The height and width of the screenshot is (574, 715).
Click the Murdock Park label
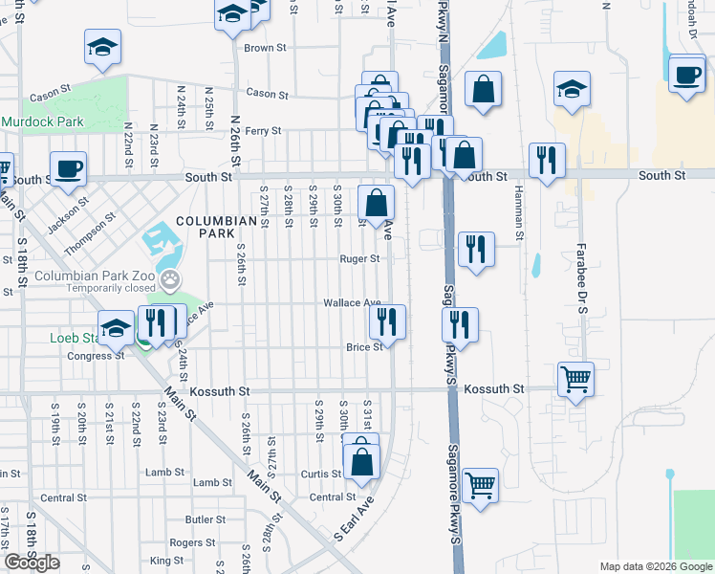click(x=42, y=121)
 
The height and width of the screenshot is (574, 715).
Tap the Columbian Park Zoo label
click(x=93, y=276)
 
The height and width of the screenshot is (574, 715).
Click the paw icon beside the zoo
click(x=171, y=280)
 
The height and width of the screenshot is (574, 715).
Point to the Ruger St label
click(x=360, y=258)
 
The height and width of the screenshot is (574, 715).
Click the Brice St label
click(x=365, y=347)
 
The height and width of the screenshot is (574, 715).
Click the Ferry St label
click(x=263, y=131)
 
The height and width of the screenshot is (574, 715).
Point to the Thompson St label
click(x=91, y=234)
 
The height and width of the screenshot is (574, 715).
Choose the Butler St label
click(x=205, y=519)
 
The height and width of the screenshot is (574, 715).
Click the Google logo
click(x=32, y=563)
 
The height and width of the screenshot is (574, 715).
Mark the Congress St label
click(x=90, y=357)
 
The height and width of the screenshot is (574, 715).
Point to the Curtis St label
click(x=320, y=475)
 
